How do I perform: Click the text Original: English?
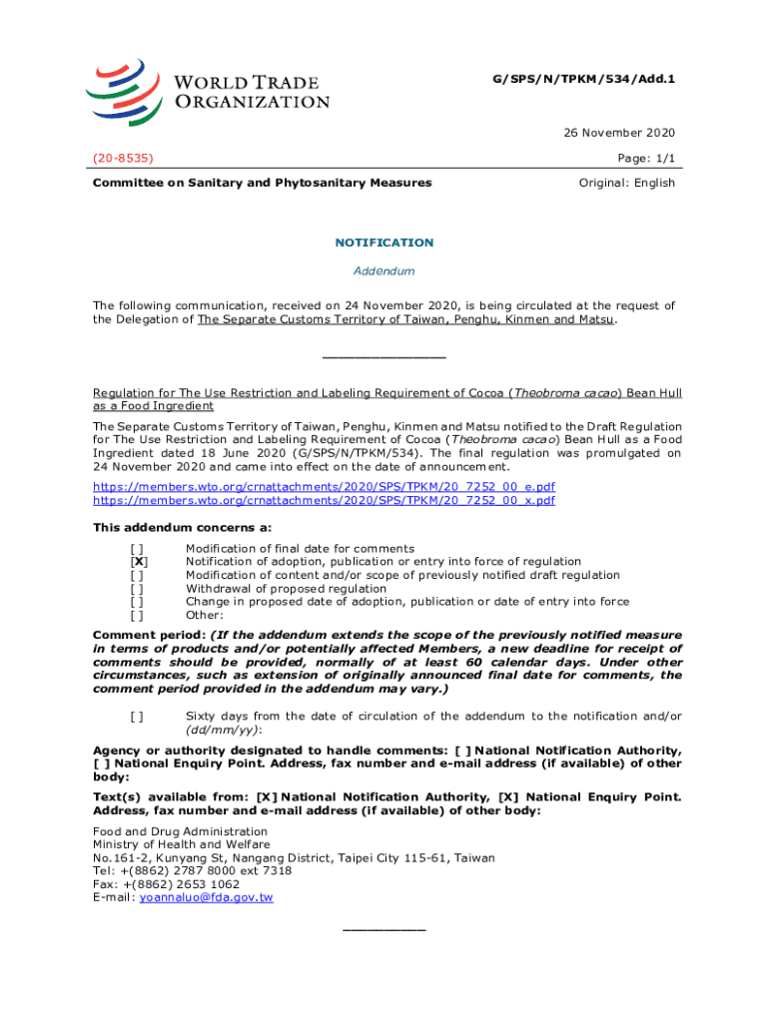point(627,183)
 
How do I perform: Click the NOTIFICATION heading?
point(384,243)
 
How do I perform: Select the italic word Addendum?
point(384,271)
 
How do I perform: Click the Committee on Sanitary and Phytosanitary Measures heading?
point(262,183)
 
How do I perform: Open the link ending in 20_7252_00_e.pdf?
point(324,486)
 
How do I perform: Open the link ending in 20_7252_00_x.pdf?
point(324,500)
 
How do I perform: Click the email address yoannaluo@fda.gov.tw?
point(206,897)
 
